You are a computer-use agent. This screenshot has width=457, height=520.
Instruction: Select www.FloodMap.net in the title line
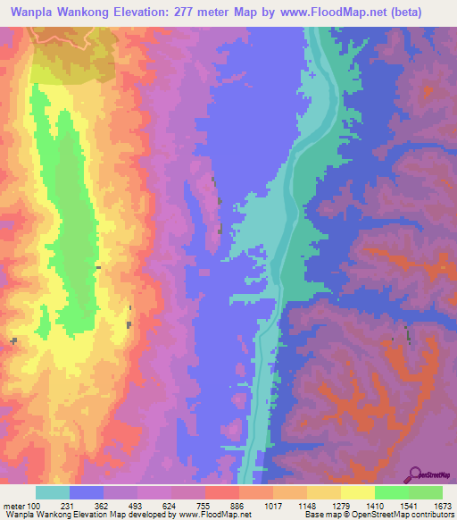coord(340,12)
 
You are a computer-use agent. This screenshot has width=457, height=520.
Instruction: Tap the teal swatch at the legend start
coord(53,492)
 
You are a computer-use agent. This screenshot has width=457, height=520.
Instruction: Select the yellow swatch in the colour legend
coord(357,492)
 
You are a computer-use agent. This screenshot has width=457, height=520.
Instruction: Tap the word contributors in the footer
coord(429,514)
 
